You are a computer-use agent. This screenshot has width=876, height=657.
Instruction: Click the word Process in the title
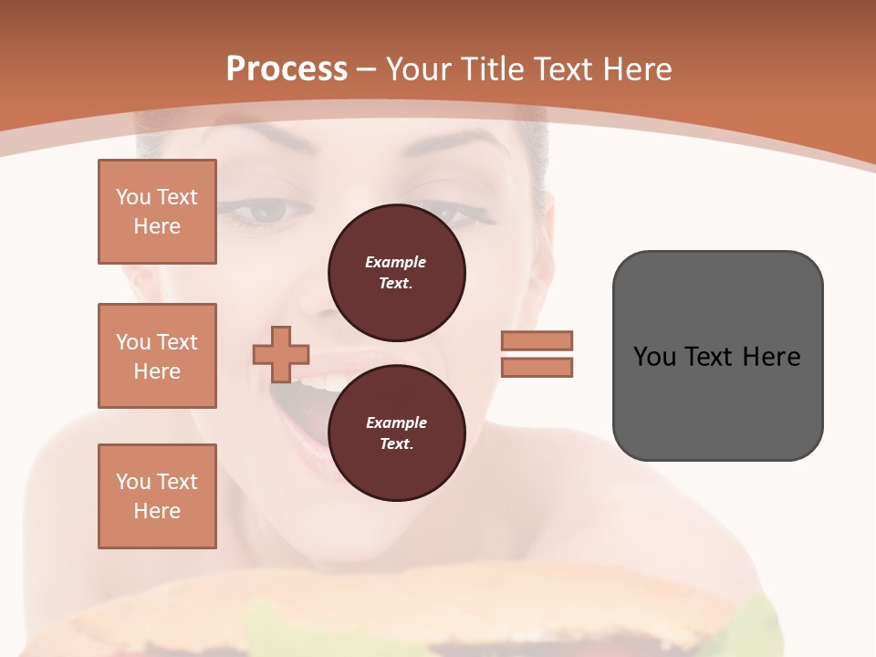point(287,69)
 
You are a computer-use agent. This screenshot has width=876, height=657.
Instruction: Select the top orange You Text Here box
point(157,212)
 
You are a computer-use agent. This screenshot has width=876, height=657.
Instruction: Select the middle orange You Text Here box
point(157,356)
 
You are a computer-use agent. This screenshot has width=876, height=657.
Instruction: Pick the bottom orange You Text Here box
point(157,496)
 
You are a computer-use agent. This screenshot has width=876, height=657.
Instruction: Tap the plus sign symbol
point(281,353)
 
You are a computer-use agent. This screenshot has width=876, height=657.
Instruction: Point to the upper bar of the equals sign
point(537,340)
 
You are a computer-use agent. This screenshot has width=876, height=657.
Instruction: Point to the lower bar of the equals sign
point(537,367)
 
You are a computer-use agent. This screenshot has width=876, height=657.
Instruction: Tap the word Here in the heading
point(636,69)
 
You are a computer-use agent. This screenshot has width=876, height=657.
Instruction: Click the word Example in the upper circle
point(396,263)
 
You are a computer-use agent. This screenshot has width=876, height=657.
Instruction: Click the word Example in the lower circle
point(396,423)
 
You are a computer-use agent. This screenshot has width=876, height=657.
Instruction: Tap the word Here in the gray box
point(771,357)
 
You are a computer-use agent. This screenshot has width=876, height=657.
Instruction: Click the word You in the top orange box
point(132,197)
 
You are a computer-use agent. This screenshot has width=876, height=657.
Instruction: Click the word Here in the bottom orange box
point(157,511)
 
